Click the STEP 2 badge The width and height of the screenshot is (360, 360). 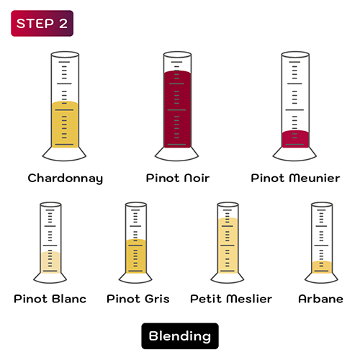42,24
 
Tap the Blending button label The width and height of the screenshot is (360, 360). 179,336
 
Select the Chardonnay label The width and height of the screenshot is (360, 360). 65,178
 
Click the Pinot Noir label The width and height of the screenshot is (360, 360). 177,178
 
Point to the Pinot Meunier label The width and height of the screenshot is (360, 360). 295,178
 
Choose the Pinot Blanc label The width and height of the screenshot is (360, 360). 50,299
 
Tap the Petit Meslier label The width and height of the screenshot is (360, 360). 231,299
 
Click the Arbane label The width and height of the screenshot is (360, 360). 320,299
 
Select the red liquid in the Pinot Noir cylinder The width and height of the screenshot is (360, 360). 177,108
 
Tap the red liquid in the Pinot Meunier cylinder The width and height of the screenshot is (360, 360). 295,138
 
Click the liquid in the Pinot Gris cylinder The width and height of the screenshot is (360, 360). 136,256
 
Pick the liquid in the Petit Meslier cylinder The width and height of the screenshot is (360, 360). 228,245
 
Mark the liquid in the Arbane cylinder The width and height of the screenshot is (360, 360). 321,266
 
